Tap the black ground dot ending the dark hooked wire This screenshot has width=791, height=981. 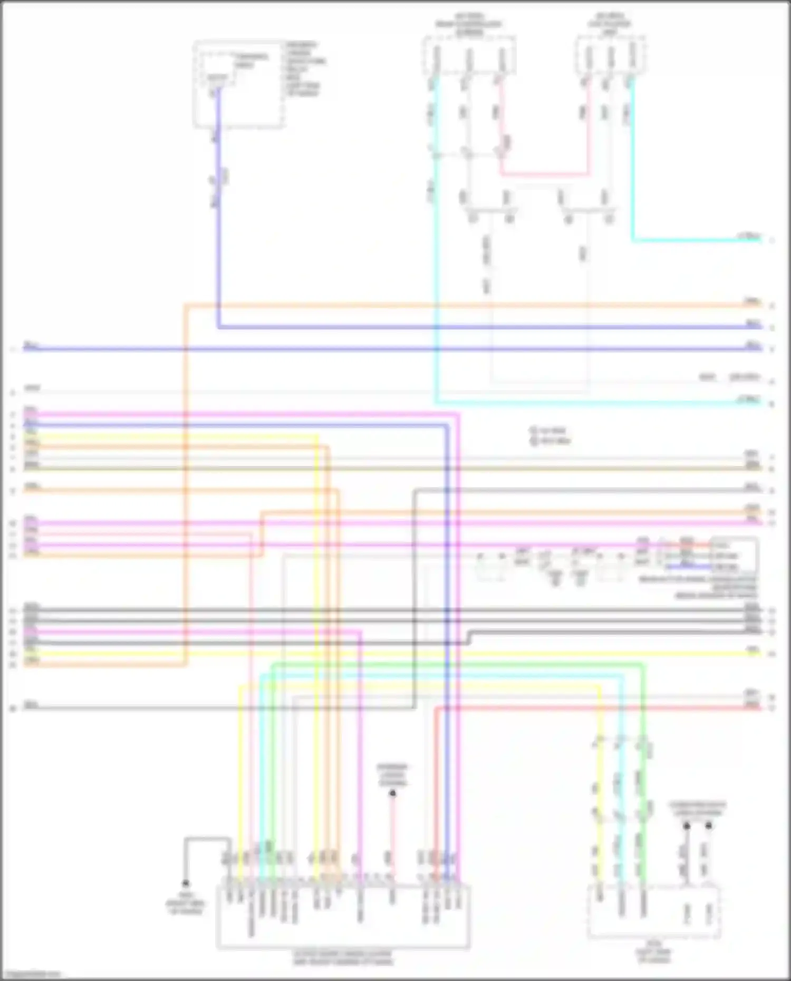click(x=186, y=883)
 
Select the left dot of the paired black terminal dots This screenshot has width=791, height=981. click(x=687, y=826)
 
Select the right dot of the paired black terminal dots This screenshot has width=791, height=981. click(x=709, y=826)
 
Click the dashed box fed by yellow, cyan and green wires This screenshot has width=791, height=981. click(x=654, y=912)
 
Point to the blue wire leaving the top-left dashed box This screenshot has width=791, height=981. click(x=218, y=211)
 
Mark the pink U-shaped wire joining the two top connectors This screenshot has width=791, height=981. click(x=543, y=174)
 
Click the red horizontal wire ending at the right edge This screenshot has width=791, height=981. click(x=596, y=708)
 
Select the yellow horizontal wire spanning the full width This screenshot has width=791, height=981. click(x=395, y=654)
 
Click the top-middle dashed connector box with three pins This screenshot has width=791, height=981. click(x=469, y=55)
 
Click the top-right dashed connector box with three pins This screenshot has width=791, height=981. click(x=610, y=55)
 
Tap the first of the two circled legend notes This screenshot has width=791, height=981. click(x=548, y=431)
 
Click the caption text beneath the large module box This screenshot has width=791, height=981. click(x=343, y=958)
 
